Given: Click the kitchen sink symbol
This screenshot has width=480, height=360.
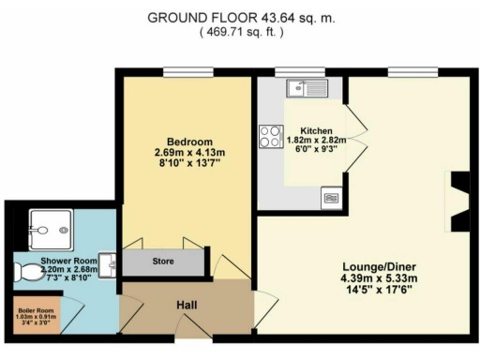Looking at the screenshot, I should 306,89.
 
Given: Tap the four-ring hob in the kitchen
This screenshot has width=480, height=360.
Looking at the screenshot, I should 272,136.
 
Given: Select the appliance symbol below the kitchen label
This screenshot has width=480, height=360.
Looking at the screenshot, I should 331,196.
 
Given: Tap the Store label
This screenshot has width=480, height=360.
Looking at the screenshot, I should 163,262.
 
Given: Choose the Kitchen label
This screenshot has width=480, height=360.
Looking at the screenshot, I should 316,130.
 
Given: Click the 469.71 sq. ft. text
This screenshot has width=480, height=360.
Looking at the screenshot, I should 240,31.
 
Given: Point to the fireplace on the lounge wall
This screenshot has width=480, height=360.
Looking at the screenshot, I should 460,201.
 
